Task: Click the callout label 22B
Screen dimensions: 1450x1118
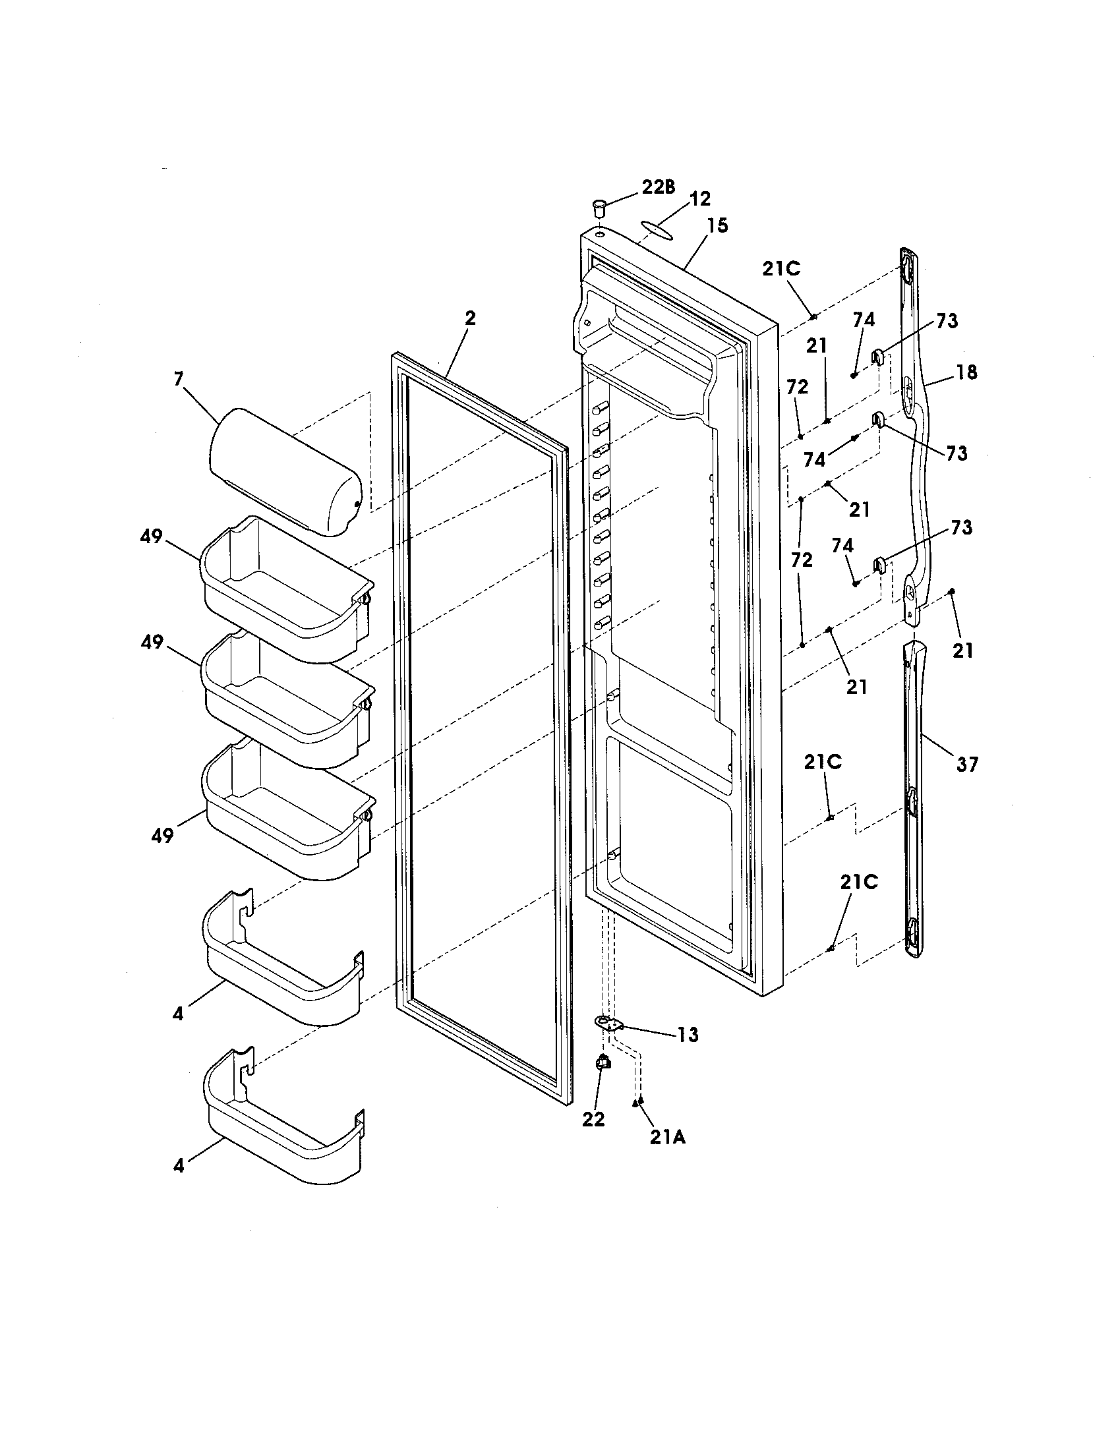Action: tap(657, 188)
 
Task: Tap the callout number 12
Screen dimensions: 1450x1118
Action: tap(700, 198)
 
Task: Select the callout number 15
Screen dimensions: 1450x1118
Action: tap(717, 225)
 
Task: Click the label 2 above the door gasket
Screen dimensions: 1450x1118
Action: tap(469, 318)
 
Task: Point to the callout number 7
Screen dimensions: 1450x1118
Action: tap(178, 379)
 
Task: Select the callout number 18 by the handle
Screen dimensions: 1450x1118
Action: tap(967, 372)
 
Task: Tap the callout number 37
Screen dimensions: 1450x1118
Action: tap(967, 764)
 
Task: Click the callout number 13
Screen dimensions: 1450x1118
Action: tap(688, 1034)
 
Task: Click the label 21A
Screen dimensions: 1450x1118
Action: tap(668, 1138)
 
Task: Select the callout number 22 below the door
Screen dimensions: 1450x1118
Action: tap(593, 1118)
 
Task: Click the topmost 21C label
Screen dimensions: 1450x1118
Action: tap(781, 269)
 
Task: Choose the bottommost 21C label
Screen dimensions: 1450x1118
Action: tap(858, 882)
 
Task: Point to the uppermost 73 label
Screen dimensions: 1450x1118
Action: tap(947, 321)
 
